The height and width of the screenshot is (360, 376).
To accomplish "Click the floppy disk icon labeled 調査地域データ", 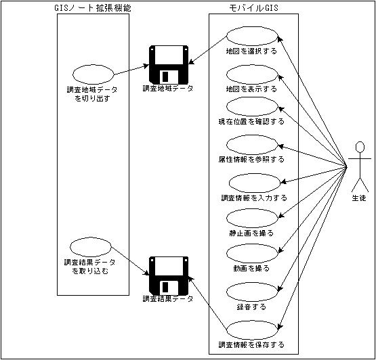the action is (x=169, y=65).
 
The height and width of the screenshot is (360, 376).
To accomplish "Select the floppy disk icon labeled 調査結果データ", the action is (x=169, y=276).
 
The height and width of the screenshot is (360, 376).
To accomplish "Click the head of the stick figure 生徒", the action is (x=360, y=147).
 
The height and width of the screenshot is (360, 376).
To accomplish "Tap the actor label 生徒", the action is (x=359, y=198).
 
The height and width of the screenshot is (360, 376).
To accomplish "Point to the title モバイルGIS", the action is (x=253, y=8).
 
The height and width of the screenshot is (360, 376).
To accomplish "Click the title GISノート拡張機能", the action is (x=93, y=8).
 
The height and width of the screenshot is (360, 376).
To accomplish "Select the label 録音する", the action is (x=251, y=307).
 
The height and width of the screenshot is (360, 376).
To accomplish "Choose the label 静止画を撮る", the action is (x=251, y=233).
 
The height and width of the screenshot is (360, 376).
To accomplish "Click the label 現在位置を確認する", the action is (x=251, y=121).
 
